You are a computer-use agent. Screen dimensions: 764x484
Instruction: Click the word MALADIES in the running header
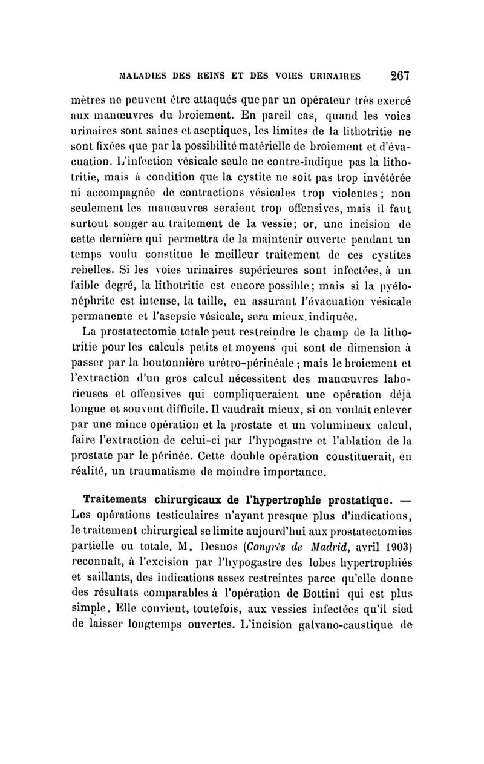click(x=142, y=77)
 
